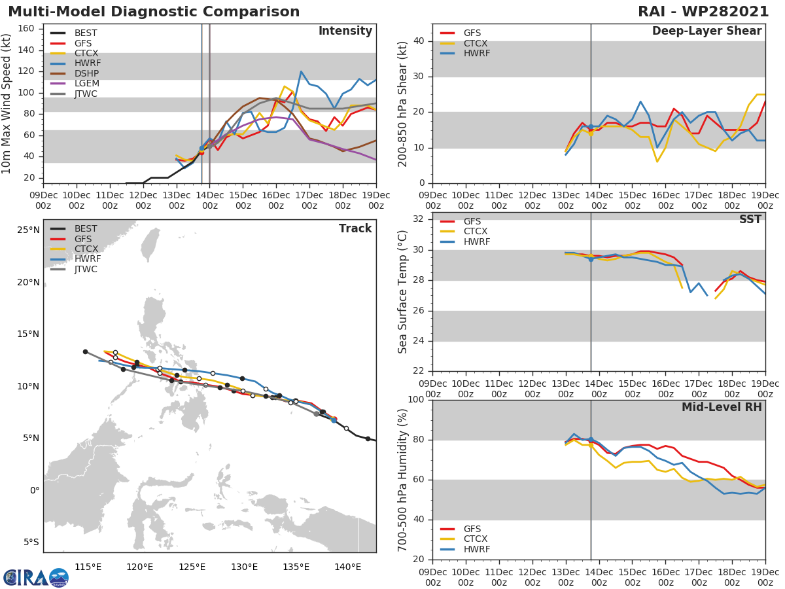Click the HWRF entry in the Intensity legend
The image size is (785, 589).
[87, 63]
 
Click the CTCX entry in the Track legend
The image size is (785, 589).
[86, 249]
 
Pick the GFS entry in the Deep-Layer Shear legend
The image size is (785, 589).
[472, 33]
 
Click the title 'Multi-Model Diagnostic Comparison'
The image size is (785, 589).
[154, 12]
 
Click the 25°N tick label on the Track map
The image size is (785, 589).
[28, 230]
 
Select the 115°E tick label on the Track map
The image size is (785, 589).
[88, 567]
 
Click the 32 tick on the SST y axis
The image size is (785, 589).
[417, 220]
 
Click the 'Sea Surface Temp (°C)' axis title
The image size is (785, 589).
[403, 292]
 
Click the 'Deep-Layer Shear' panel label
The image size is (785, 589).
[706, 31]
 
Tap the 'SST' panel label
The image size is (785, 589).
[750, 219]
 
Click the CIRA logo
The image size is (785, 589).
[35, 577]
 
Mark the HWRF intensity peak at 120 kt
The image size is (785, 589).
[301, 72]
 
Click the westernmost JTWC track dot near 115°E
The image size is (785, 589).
[85, 351]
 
